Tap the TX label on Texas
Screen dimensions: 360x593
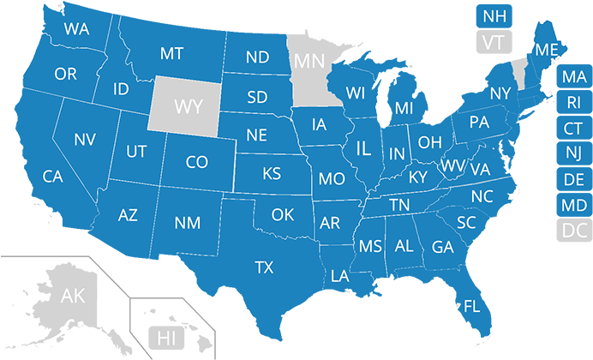point(265,268)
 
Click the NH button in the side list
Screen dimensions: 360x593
point(494,15)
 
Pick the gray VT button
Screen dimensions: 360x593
point(494,41)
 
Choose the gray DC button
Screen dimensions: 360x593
point(574,230)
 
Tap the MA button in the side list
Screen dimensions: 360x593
point(574,77)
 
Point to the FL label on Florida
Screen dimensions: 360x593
point(471,305)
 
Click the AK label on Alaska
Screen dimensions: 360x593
point(73,297)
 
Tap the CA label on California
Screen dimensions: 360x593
point(53,177)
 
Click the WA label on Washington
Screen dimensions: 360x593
point(77,29)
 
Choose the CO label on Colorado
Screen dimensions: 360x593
point(196,161)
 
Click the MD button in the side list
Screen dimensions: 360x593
point(574,205)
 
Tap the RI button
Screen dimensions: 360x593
point(574,103)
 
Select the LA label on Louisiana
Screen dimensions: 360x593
point(340,276)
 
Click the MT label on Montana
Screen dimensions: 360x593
point(171,54)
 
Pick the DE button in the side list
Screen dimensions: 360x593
point(574,179)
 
